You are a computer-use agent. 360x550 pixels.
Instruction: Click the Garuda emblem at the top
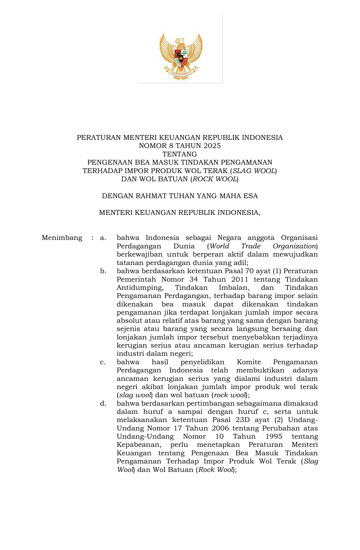coord(181,56)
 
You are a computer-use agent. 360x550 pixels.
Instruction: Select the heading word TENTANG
coord(180,154)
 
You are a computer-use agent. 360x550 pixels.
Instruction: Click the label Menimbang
coord(62,238)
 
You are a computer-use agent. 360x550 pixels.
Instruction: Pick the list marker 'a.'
coord(103,238)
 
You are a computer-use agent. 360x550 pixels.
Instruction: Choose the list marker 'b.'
coord(103,271)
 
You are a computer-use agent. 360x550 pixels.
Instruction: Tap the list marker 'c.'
coord(103,362)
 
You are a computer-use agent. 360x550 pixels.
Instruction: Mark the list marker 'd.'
coord(103,404)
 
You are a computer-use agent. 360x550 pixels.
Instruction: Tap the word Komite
coord(249,362)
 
